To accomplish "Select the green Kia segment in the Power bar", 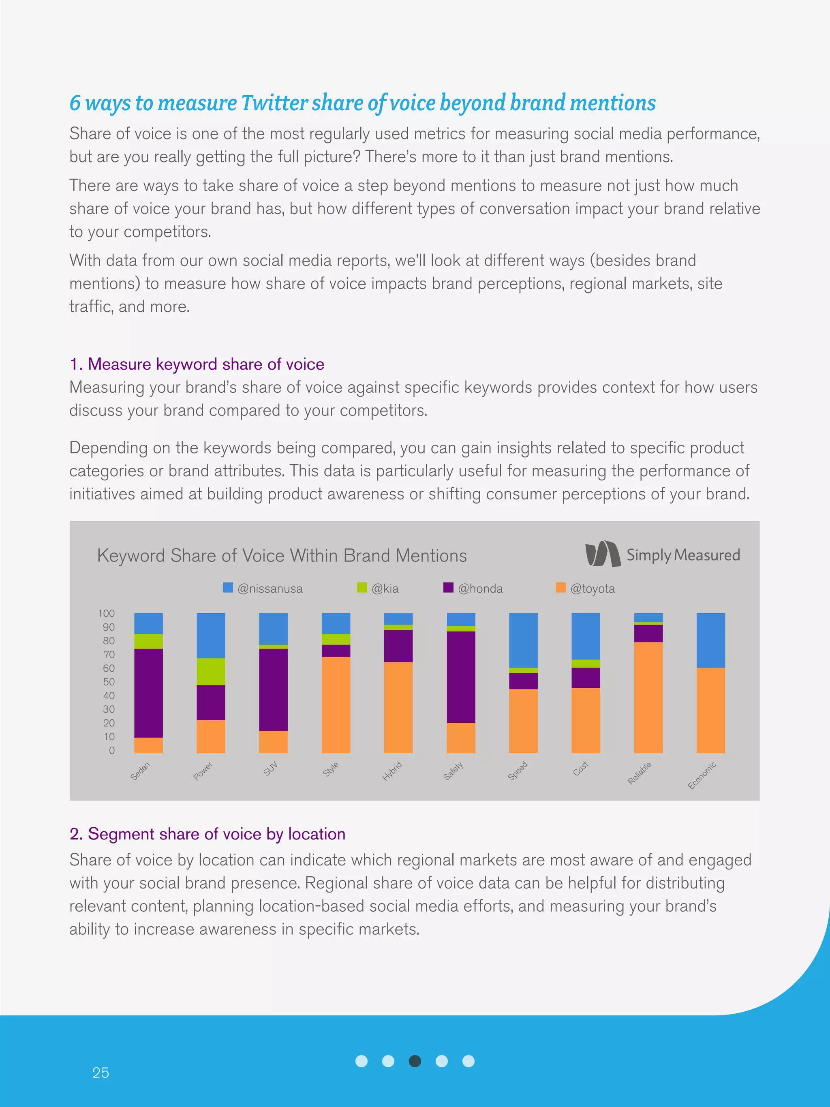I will click(211, 671).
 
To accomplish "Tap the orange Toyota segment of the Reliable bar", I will click(648, 697).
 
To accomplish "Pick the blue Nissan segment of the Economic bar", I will click(710, 640).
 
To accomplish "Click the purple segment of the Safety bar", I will click(461, 677).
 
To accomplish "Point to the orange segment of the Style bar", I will click(336, 704).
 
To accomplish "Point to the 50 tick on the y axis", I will click(109, 682).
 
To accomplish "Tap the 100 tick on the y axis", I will click(106, 613).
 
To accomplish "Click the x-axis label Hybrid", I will click(392, 771).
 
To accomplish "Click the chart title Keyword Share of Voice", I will click(282, 555).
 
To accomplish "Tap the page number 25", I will click(101, 1072).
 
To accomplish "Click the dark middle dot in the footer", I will click(415, 1061).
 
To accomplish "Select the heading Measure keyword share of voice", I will click(197, 364).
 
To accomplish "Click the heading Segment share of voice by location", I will click(207, 834).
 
